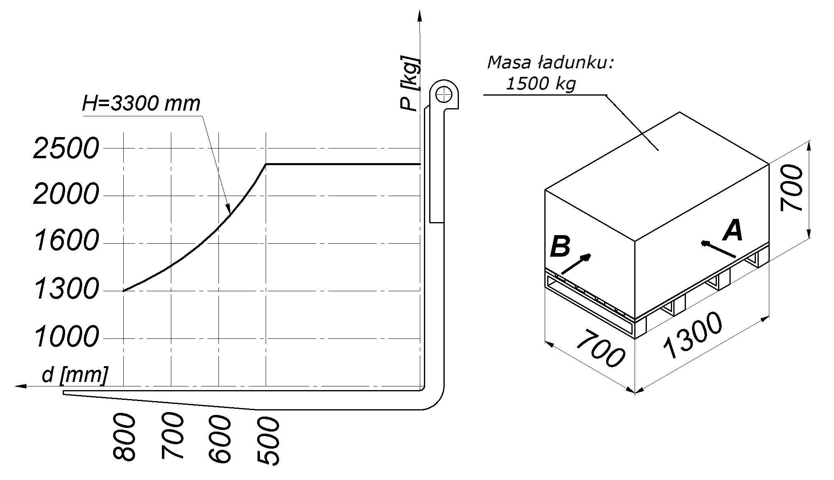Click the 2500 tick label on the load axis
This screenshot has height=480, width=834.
coord(66,148)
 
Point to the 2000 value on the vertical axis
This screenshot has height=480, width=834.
coord(66,194)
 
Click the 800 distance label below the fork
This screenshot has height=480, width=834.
coord(124,437)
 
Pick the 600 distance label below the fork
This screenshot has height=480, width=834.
coord(219,439)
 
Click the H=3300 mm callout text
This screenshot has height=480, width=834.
coord(141,103)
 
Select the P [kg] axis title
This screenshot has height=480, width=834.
coord(409,83)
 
